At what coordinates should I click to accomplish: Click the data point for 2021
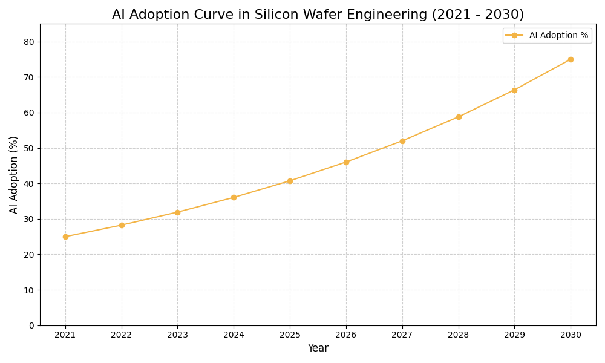[x=65, y=237]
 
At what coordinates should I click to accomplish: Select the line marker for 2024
[x=234, y=197]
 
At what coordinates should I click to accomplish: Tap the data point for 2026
[x=346, y=162]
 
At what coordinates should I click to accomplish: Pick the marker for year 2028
[x=459, y=117]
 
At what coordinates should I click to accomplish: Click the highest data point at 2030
[x=571, y=59]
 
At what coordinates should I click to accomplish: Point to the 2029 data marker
[x=514, y=90]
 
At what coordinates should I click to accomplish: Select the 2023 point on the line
[x=177, y=212]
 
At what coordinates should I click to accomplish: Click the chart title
[x=318, y=15]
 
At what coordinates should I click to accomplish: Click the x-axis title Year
[x=318, y=348]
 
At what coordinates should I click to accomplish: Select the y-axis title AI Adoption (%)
[x=14, y=174]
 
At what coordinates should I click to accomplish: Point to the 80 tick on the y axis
[x=29, y=42]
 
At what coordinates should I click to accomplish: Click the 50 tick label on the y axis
[x=29, y=148]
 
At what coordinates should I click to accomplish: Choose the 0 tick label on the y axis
[x=31, y=325]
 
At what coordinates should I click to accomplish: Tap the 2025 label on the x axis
[x=290, y=335]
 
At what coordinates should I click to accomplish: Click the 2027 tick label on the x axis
[x=402, y=335]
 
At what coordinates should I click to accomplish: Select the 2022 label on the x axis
[x=122, y=335]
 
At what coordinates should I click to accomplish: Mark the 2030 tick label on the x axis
[x=571, y=335]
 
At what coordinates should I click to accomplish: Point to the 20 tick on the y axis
[x=29, y=255]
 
